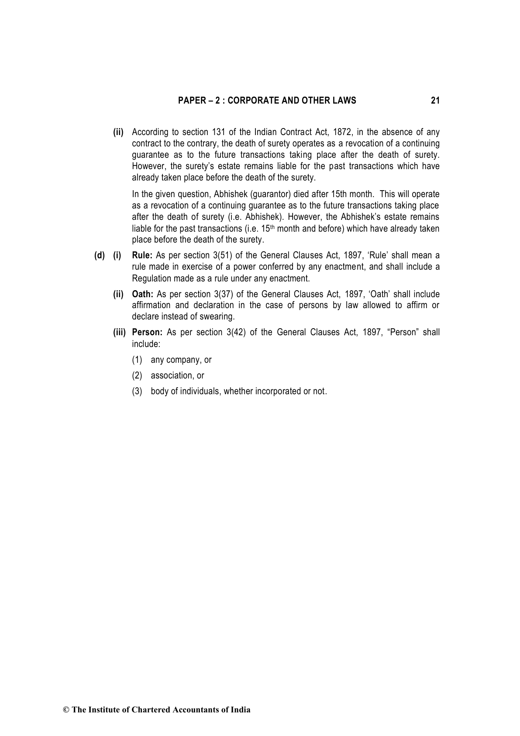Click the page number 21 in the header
coord(435,101)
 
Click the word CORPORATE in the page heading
coord(250,101)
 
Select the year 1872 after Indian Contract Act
coord(342,132)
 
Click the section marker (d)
coord(100,255)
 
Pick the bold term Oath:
coord(142,294)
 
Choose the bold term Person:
coord(147,333)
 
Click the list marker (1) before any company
coord(137,360)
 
